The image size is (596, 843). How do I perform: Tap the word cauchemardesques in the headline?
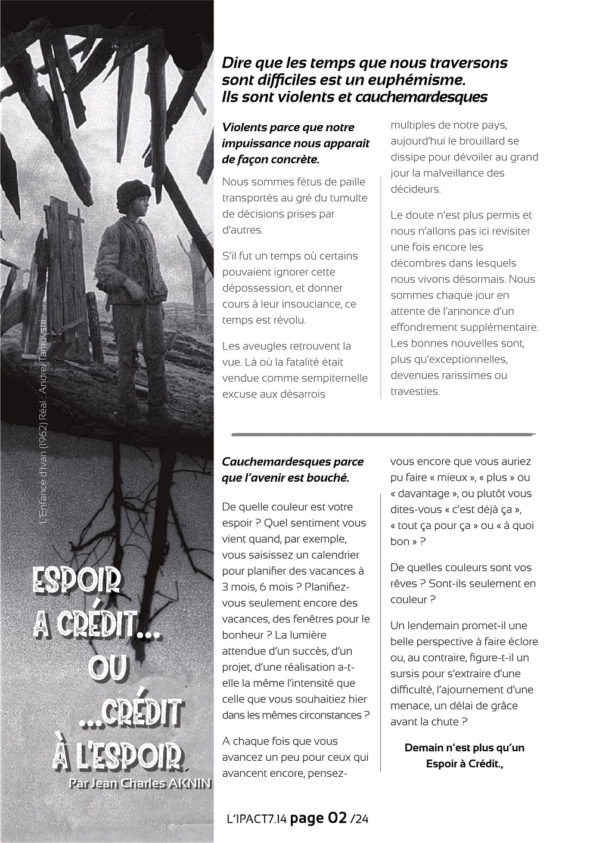(x=421, y=97)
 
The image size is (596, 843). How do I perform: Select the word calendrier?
(x=333, y=555)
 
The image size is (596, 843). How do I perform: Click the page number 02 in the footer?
(x=337, y=819)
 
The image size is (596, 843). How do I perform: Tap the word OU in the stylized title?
(x=108, y=668)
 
